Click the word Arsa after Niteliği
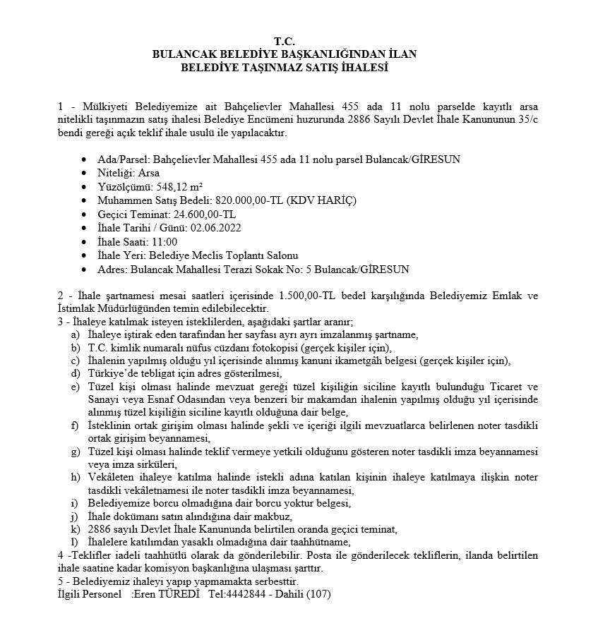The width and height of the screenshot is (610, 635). pyautogui.click(x=148, y=173)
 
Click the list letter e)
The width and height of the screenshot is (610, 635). pyautogui.click(x=74, y=387)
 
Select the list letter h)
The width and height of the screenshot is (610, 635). pyautogui.click(x=74, y=478)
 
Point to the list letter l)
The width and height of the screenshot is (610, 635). pyautogui.click(x=73, y=542)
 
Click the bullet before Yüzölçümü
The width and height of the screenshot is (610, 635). pyautogui.click(x=85, y=187)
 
